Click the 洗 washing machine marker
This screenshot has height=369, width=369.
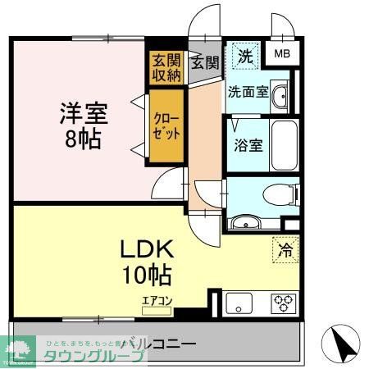tap(244, 57)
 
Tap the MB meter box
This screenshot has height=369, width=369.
tap(282, 54)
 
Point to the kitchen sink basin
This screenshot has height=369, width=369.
tap(242, 303)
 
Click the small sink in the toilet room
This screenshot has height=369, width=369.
tap(244, 221)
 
